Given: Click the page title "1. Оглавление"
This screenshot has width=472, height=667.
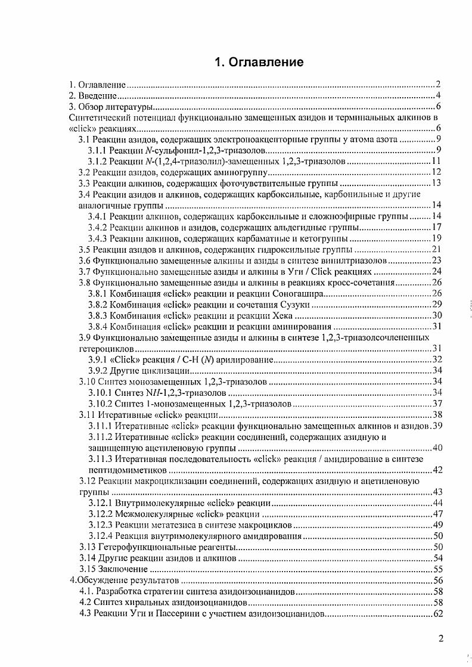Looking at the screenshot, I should pos(259,62).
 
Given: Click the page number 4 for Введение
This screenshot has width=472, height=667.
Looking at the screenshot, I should pos(437,95).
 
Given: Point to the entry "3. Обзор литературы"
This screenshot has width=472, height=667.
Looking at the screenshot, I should pos(111,107).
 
